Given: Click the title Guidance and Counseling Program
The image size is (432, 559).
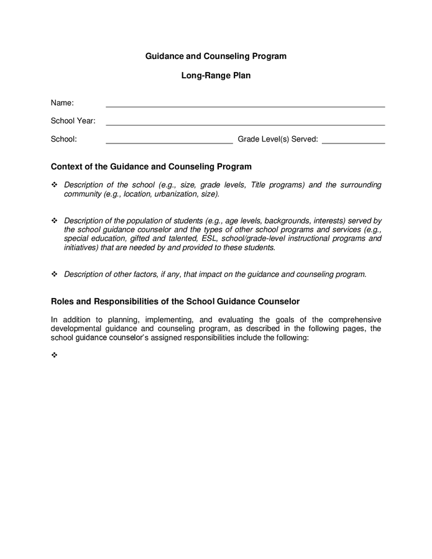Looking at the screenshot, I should pos(216,56).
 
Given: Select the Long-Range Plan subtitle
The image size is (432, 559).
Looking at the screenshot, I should pos(216,76).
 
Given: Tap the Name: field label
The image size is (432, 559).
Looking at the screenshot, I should pos(62,102).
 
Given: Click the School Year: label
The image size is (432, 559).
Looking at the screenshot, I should pos(73,120).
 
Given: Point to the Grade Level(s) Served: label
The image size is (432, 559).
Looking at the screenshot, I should pos(278,139).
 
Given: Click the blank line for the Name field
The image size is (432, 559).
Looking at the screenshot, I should pos(245,106).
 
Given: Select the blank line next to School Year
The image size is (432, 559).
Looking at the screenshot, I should pos(245,124).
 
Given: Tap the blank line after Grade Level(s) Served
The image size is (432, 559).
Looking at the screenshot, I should pos(353,143).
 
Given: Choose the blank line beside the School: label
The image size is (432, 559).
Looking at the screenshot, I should pos(169,143).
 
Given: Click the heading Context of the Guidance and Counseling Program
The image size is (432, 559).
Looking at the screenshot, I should pos(151,166).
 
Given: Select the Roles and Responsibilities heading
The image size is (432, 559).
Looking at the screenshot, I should pos(175,301).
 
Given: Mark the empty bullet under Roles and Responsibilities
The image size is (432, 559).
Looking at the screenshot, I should pos(54,355).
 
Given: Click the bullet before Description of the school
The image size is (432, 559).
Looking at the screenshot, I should pos(54,185).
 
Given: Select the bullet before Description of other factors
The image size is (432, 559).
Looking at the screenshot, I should pos(54,274).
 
